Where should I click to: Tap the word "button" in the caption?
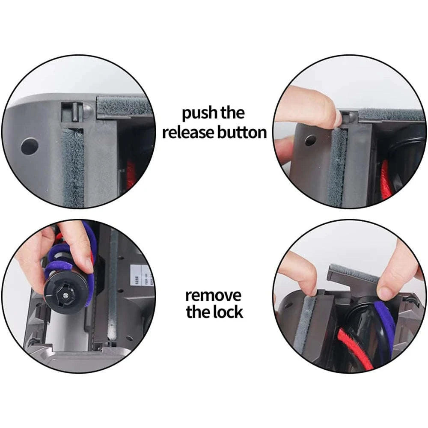pos(242,133)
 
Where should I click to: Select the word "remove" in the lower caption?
pos(213,295)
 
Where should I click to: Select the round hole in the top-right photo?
pos(310,140)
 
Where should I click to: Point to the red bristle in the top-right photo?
pos(386,180)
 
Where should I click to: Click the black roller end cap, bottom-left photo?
pos(65,293)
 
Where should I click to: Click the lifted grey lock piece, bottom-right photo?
pos(353,274)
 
